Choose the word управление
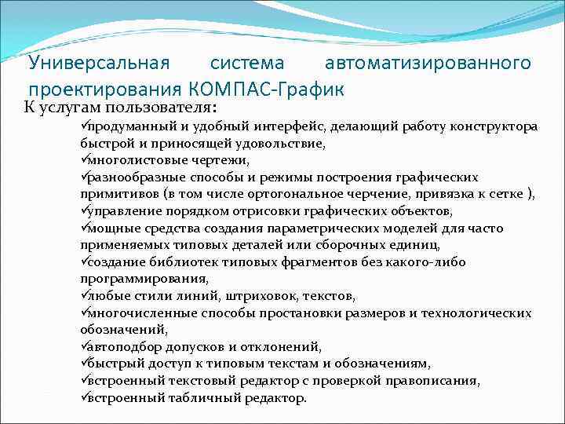(x=120, y=211)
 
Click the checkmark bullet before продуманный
(x=83, y=126)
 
